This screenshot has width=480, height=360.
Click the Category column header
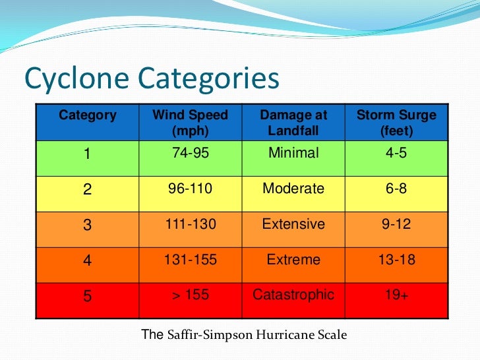(x=87, y=115)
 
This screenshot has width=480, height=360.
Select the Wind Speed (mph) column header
(x=190, y=123)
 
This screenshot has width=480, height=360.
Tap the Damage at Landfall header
(x=293, y=123)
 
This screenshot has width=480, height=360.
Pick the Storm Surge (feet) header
(x=396, y=123)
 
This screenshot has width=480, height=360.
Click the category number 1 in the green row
(x=87, y=154)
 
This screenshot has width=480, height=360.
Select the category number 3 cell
(x=87, y=225)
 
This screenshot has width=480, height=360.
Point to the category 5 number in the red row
(x=87, y=296)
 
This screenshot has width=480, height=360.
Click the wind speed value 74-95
(x=190, y=153)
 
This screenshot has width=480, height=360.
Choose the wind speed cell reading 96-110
(x=190, y=189)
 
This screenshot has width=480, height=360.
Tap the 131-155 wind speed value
(x=190, y=260)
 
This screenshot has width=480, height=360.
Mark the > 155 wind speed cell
(x=190, y=295)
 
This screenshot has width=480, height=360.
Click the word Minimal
(x=293, y=153)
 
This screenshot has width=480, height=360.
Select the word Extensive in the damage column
(x=293, y=224)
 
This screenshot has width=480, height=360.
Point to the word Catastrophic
(x=293, y=295)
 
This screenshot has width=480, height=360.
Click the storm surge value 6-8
(x=396, y=189)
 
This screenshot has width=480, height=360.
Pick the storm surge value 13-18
(x=396, y=260)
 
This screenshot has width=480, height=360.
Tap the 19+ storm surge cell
(x=396, y=295)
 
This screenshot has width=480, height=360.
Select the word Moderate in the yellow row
(x=293, y=189)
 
